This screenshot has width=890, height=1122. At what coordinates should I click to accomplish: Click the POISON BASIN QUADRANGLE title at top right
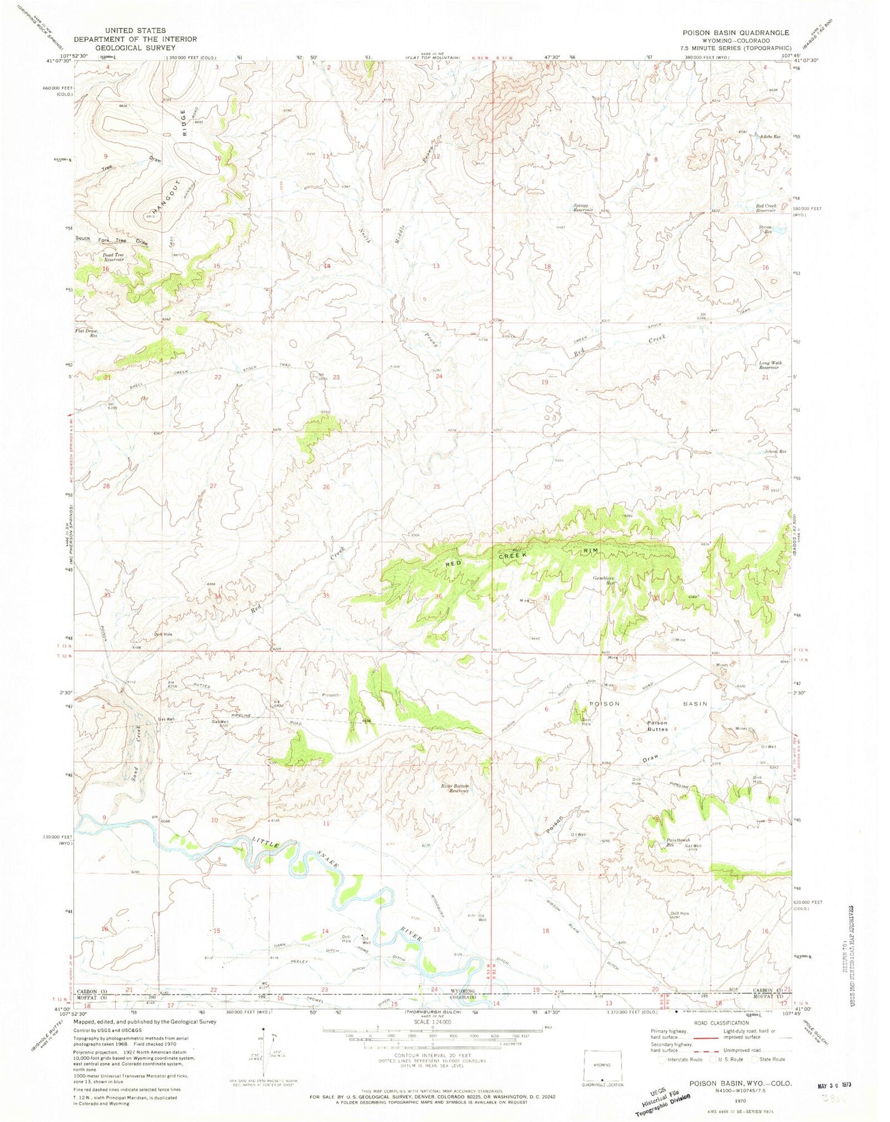tap(732, 33)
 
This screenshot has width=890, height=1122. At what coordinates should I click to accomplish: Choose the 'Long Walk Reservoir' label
tap(771, 365)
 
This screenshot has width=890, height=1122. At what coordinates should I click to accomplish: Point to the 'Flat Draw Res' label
tap(86, 333)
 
